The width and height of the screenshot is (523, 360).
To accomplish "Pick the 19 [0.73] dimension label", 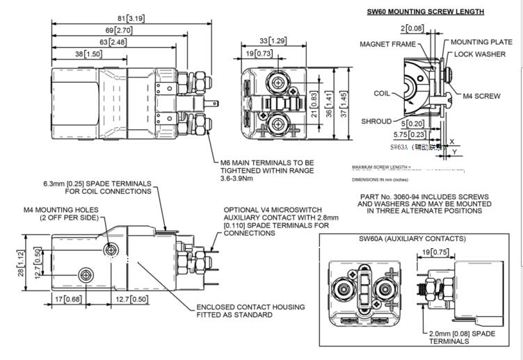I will (x=258, y=54).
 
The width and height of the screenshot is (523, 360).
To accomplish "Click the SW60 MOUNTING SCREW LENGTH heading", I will (x=425, y=12).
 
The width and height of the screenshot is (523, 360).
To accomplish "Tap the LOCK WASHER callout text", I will (x=484, y=54).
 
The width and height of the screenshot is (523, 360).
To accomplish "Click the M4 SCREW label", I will (x=482, y=96).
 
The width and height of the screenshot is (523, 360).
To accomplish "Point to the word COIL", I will (x=382, y=92).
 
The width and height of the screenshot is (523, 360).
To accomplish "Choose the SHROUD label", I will (x=376, y=121).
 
